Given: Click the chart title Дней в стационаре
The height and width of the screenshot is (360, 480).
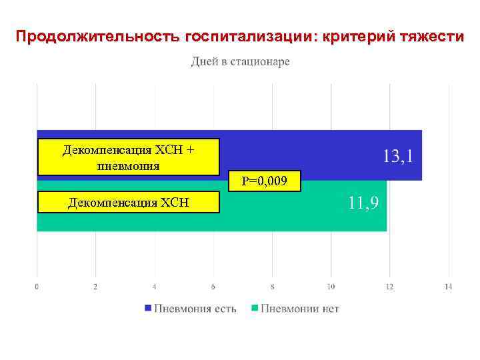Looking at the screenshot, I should click(241, 62).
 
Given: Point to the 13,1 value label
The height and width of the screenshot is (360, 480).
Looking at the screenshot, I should click(401, 157).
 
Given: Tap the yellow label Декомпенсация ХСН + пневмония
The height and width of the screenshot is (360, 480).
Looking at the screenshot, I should click(129, 157).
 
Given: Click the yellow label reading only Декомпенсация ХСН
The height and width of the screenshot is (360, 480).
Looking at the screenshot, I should click(129, 202).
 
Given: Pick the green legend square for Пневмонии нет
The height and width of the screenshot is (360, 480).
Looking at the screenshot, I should click(254, 309).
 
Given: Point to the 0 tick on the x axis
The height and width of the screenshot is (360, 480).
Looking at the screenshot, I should click(37, 287).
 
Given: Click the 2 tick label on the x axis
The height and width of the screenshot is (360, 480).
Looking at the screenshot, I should click(95, 287).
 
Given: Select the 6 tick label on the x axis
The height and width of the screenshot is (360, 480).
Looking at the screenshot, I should click(213, 287).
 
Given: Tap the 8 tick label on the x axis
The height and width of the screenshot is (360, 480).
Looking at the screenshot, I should click(272, 287).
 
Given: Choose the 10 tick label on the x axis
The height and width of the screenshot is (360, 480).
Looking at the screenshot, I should click(331, 287).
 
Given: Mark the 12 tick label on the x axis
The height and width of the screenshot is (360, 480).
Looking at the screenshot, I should click(389, 287).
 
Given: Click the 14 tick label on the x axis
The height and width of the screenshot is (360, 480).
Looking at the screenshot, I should click(448, 287).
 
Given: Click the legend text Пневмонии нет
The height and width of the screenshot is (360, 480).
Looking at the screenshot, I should click(300, 309).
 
